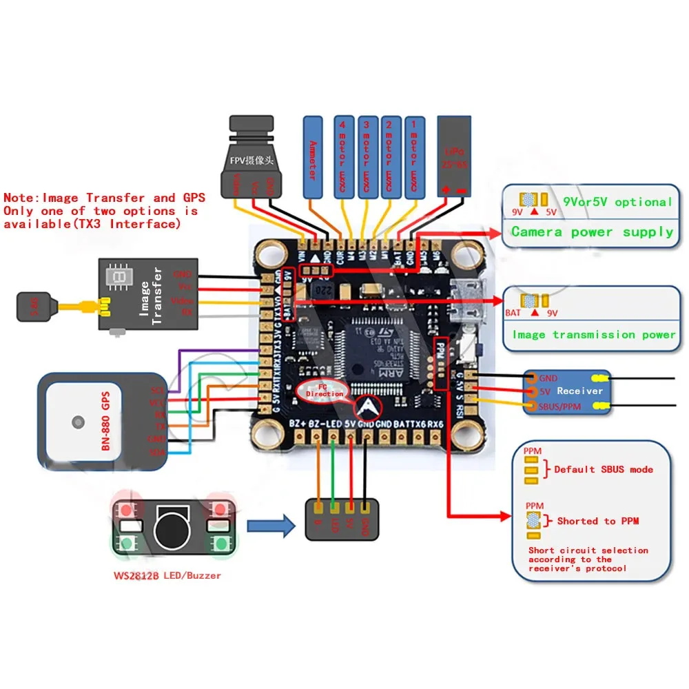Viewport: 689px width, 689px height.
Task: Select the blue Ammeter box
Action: point(313,157)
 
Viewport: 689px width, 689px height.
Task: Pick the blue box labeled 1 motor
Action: point(415,157)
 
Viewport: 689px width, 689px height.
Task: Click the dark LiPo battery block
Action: point(454,157)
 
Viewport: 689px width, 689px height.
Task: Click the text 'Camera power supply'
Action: point(592,232)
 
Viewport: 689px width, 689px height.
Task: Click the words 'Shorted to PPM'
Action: point(597,521)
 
